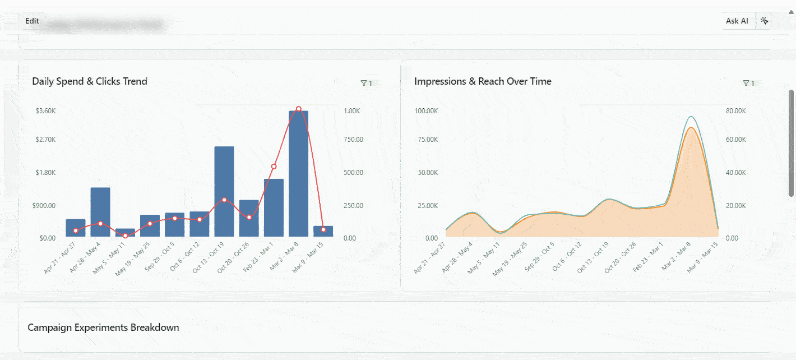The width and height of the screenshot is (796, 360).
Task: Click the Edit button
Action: click(x=32, y=21)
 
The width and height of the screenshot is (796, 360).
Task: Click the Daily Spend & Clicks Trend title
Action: click(x=90, y=81)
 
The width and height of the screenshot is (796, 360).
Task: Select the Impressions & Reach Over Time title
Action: click(x=483, y=81)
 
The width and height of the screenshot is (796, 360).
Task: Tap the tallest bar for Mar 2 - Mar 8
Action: click(x=298, y=174)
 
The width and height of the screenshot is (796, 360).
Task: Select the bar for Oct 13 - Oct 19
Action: click(x=224, y=191)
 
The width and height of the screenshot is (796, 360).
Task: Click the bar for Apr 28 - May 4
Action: click(x=100, y=212)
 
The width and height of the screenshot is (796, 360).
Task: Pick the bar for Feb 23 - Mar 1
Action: click(x=274, y=207)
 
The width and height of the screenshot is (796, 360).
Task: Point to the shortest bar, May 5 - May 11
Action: click(x=125, y=233)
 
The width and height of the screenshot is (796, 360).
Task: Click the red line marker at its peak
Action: click(x=298, y=109)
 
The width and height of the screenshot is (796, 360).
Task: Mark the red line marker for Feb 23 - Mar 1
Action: click(x=274, y=167)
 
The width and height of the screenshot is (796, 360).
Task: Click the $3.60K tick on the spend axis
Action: click(x=45, y=111)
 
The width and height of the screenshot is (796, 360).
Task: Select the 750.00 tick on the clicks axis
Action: click(x=353, y=140)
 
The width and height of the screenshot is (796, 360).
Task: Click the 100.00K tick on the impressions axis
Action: click(x=426, y=111)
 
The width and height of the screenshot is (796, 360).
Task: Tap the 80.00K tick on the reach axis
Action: click(x=735, y=111)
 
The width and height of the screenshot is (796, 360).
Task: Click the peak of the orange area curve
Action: click(x=691, y=128)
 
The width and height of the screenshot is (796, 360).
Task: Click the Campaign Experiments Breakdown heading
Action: click(x=103, y=327)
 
